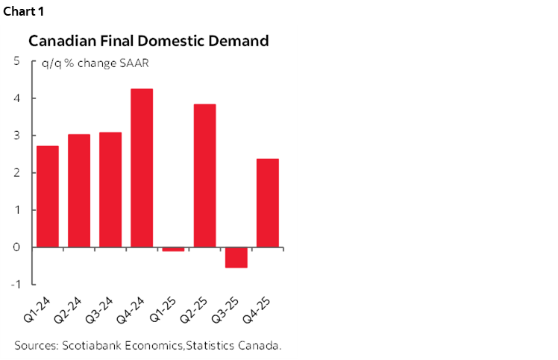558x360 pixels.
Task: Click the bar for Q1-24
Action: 48,196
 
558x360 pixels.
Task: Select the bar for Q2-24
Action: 79,190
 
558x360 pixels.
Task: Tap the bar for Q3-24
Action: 110,189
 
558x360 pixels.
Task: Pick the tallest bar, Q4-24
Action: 142,168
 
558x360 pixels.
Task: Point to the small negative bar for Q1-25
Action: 173,249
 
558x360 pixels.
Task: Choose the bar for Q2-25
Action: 204,175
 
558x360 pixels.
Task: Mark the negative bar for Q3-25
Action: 236,257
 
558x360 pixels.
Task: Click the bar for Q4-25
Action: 267,202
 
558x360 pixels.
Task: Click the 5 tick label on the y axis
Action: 16,61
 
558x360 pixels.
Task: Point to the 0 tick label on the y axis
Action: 16,247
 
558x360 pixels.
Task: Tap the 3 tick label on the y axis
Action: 16,136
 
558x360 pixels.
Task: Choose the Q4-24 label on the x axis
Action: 130,309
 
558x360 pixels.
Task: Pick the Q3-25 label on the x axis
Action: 224,309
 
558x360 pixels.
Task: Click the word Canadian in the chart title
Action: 60,42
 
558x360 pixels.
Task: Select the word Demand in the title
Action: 236,42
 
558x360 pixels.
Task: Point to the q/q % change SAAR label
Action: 95,63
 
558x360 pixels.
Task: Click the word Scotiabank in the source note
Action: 91,345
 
